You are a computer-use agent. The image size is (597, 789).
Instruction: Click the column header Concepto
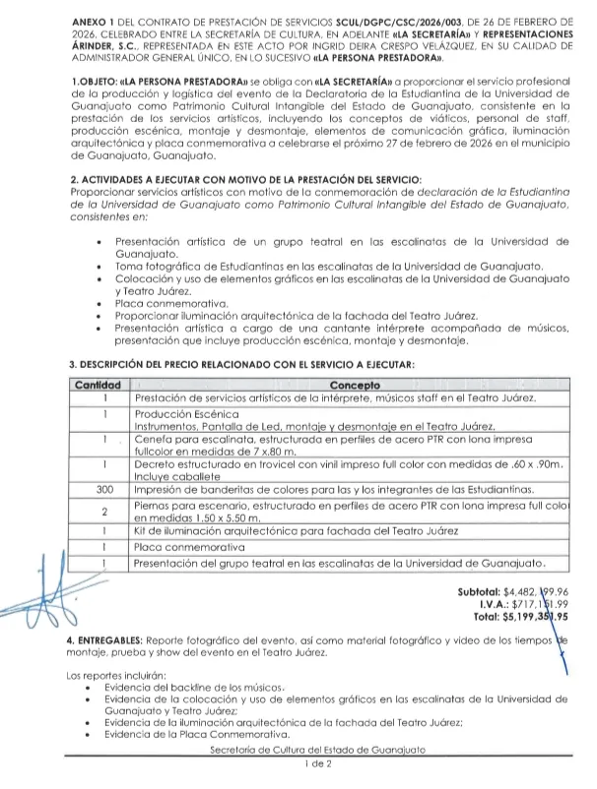[357, 385]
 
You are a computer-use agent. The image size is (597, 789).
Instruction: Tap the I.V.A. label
[496, 605]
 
